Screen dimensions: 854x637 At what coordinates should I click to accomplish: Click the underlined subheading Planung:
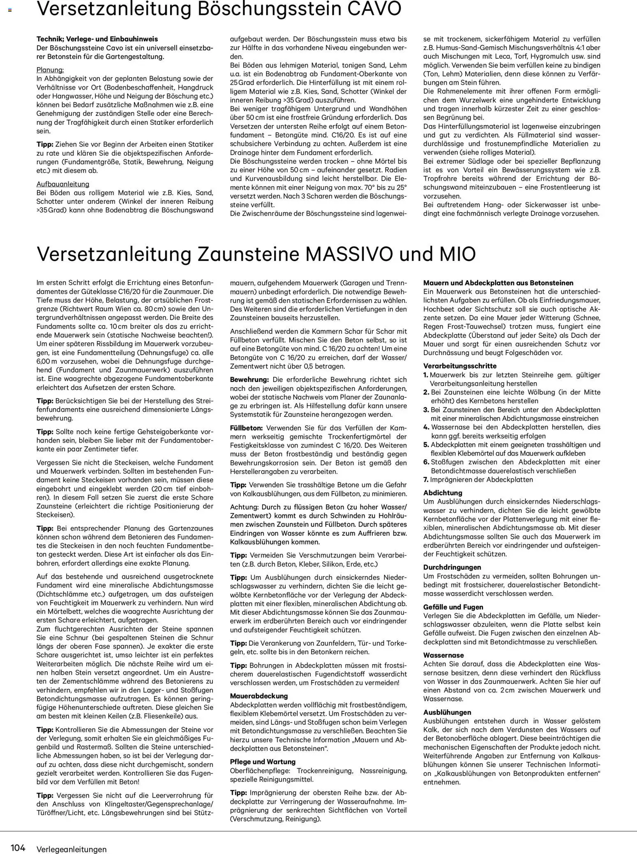[50, 70]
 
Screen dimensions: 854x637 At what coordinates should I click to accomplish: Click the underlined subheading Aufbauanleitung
[63, 184]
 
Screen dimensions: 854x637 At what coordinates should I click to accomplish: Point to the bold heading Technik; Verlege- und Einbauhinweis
[97, 39]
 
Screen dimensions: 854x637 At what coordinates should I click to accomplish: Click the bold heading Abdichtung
[443, 492]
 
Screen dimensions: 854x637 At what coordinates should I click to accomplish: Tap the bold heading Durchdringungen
[452, 567]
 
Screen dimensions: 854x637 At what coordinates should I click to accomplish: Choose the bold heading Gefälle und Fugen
[453, 607]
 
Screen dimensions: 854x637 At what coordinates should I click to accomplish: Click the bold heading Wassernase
[443, 656]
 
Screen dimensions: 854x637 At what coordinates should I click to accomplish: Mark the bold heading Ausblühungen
[447, 712]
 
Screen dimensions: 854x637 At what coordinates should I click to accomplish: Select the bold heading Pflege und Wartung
[263, 762]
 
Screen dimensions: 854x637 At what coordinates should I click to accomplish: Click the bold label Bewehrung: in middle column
[249, 379]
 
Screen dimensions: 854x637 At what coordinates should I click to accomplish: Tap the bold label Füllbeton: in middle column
[246, 428]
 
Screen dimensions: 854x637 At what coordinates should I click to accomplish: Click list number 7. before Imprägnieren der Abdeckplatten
[426, 480]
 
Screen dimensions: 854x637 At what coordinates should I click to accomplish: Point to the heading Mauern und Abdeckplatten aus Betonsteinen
[498, 283]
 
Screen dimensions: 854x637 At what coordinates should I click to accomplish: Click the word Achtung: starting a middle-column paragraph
[244, 507]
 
